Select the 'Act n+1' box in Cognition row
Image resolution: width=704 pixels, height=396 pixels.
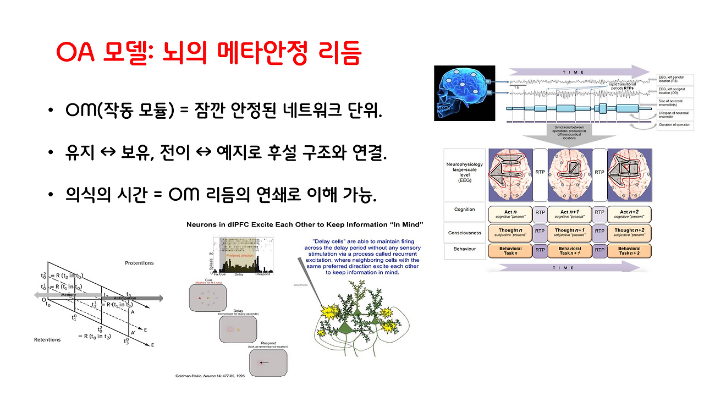pos(571,214)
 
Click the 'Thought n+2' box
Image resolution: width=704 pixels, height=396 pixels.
pos(630,233)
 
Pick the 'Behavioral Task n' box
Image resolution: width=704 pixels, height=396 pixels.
pos(509,251)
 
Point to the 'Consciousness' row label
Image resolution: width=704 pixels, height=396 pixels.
pos(464,233)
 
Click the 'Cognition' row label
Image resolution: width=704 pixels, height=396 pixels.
pos(464,210)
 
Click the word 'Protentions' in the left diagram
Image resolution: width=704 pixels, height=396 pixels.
pos(139,263)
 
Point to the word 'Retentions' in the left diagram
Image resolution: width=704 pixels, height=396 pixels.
pos(47,339)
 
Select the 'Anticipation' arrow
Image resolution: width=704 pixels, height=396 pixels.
pos(137,299)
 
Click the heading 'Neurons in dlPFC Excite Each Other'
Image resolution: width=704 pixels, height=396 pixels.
pos(305,224)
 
